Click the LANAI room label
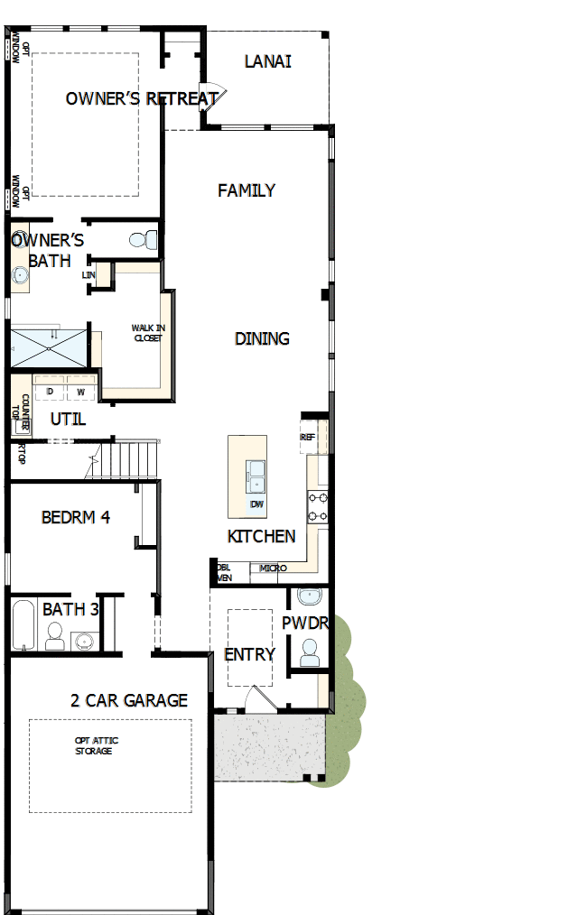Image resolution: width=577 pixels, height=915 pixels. [x=267, y=62]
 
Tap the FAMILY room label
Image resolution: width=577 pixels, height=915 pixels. [x=247, y=190]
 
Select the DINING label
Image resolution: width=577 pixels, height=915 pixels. [x=262, y=338]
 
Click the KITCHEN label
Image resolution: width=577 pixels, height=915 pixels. [x=261, y=536]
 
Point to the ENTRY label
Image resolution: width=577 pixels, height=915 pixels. [x=249, y=654]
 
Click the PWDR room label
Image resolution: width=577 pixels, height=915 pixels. [x=304, y=624]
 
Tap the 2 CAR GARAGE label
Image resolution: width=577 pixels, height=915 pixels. [x=129, y=700]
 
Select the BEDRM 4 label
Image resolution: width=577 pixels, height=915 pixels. [x=76, y=518]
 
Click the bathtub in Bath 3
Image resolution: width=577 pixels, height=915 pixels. [x=22, y=624]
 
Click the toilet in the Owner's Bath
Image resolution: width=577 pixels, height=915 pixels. [x=142, y=240]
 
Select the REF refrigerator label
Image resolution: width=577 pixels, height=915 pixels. [x=308, y=437]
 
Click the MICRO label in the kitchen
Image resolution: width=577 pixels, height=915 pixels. [x=273, y=568]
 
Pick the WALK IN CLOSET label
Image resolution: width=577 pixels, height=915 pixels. [x=147, y=333]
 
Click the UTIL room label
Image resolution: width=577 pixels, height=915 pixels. [x=68, y=419]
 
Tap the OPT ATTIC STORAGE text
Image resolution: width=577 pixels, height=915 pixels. [x=96, y=745]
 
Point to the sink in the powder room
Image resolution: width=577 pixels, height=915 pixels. [x=310, y=596]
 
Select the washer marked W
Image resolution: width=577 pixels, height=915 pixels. [x=80, y=392]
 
